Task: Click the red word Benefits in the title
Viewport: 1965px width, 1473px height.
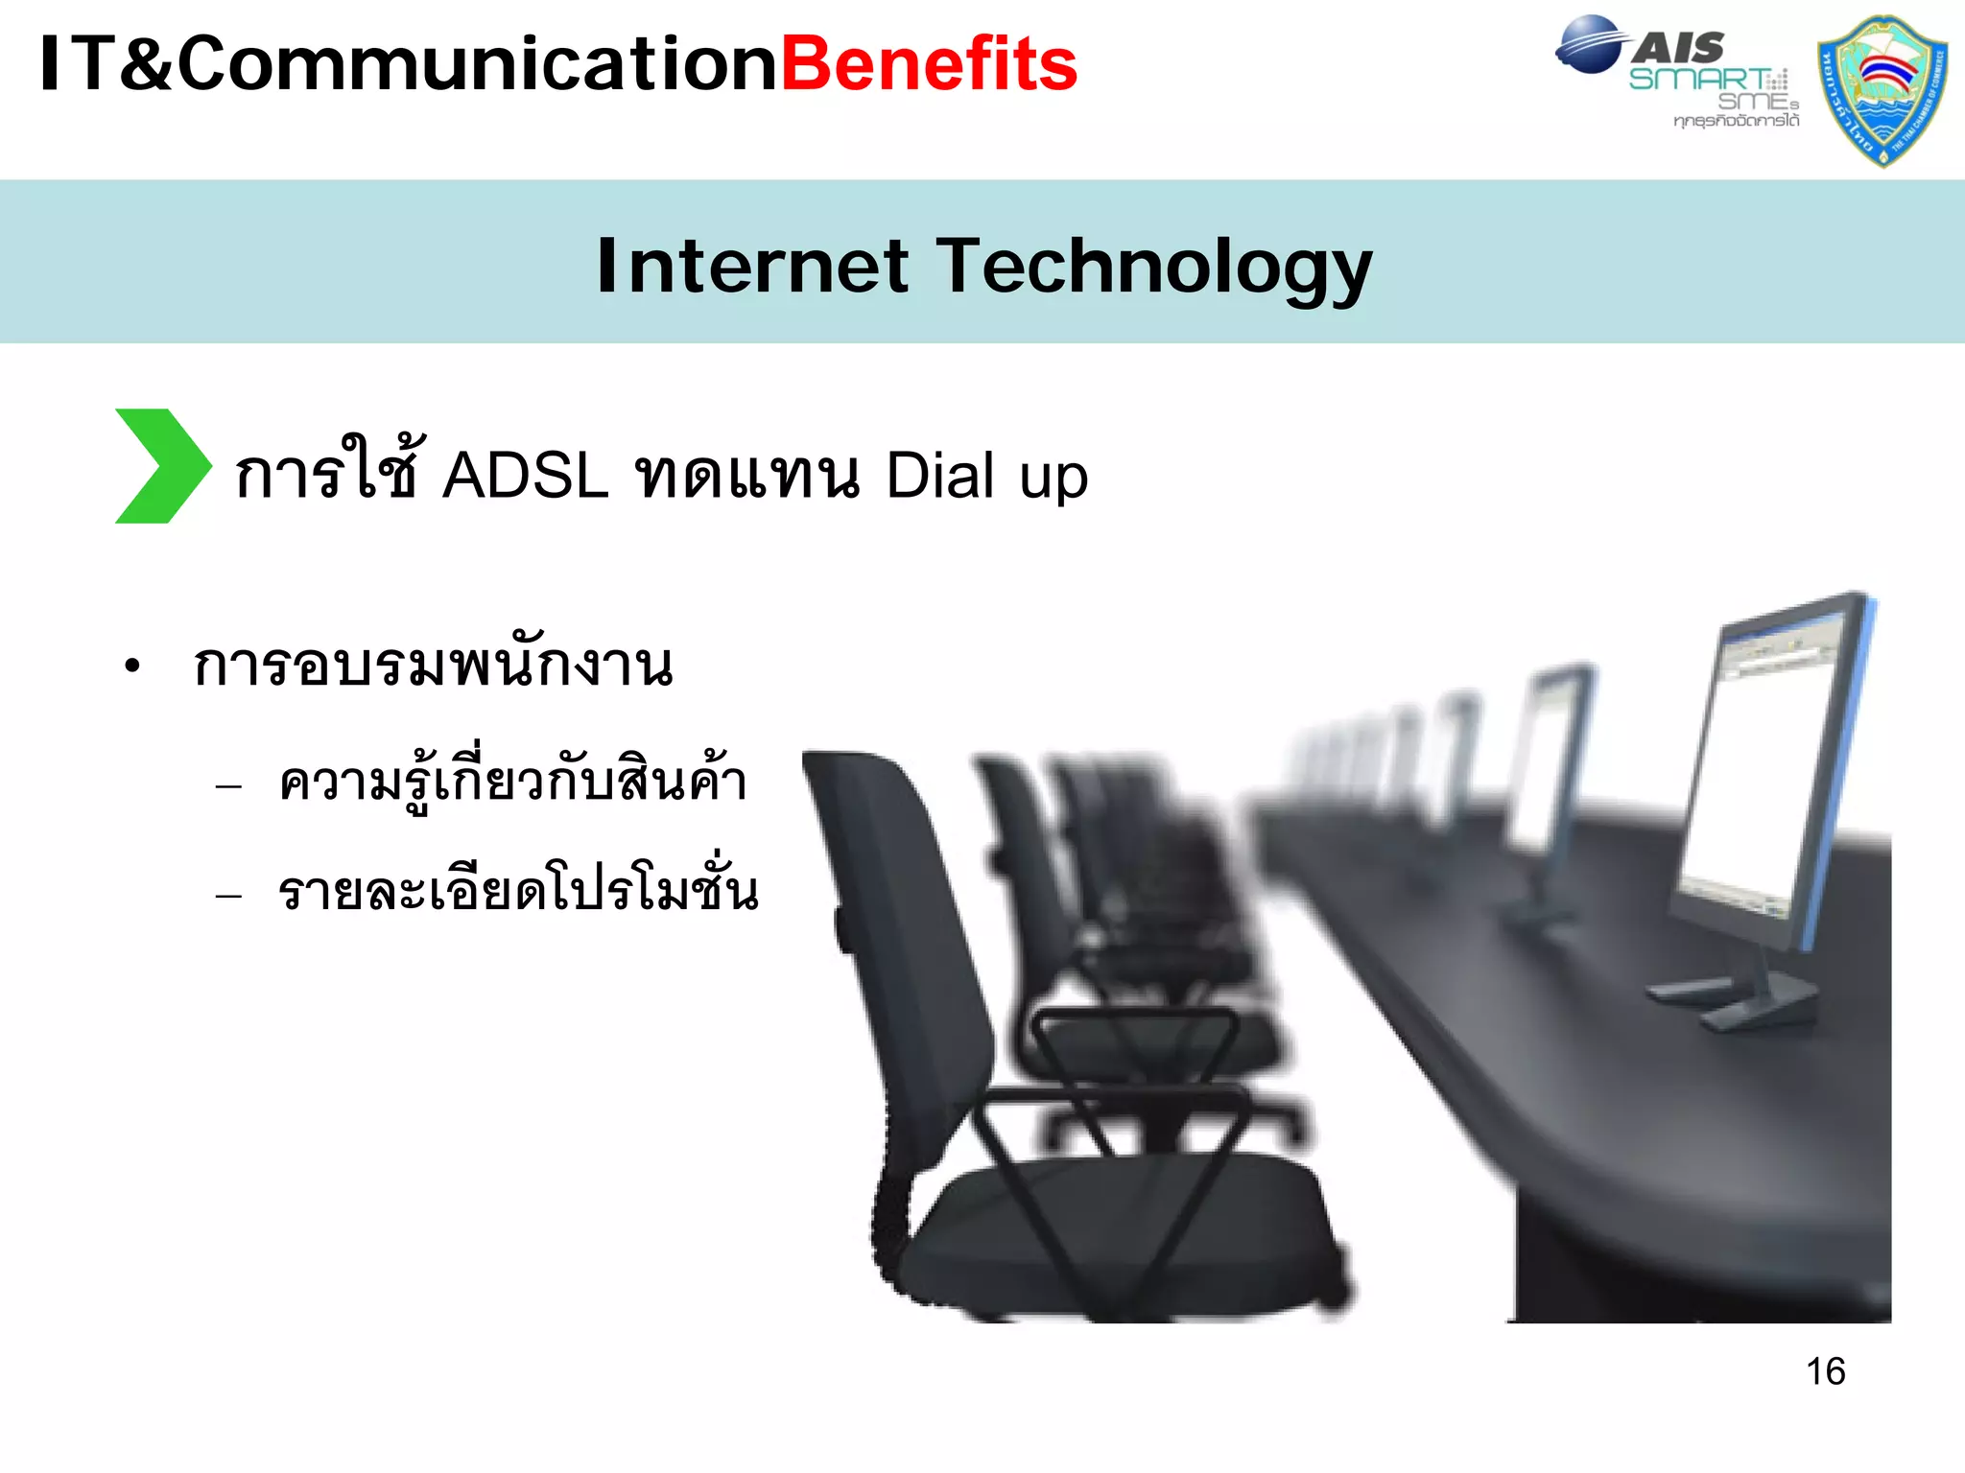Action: point(929,65)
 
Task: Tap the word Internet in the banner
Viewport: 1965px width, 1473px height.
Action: point(751,267)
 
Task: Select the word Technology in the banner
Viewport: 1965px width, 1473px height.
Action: point(1154,269)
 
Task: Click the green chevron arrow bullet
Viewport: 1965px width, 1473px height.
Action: point(161,466)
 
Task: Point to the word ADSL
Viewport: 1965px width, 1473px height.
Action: point(525,476)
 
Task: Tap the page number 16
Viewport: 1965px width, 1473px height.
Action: point(1825,1371)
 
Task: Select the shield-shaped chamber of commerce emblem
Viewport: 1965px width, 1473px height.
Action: point(1882,91)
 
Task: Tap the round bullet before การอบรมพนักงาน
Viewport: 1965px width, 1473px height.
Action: point(132,665)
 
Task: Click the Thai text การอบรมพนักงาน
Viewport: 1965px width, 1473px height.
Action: point(433,664)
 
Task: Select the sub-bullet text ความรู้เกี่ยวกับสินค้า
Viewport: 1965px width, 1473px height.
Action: point(511,782)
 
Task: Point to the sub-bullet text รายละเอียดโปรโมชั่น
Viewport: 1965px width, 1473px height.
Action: point(518,890)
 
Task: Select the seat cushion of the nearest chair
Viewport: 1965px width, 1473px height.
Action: point(1123,1227)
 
